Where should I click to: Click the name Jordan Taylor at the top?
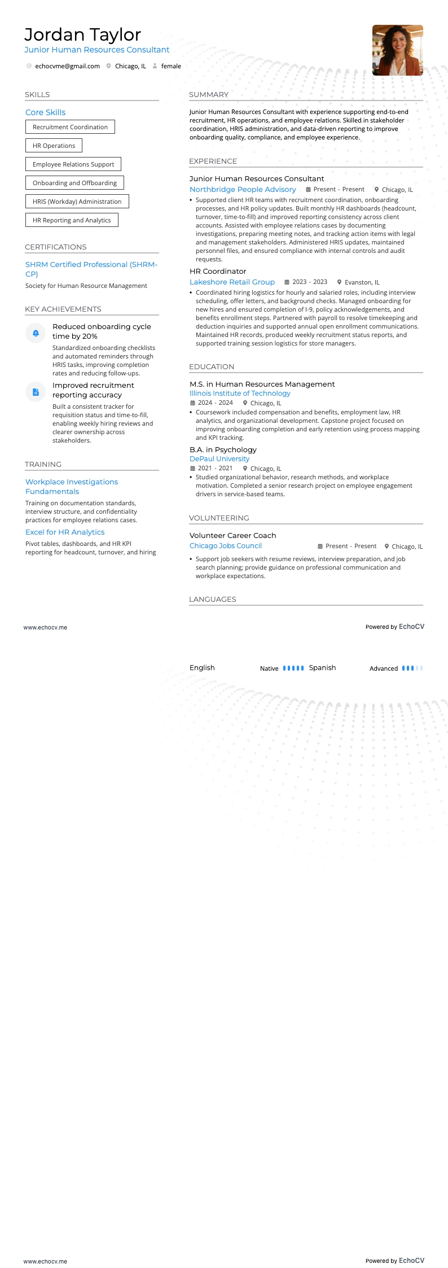pyautogui.click(x=82, y=35)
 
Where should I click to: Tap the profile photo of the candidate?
pyautogui.click(x=397, y=50)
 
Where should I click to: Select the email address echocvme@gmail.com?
pyautogui.click(x=67, y=66)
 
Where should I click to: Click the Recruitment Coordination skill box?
pyautogui.click(x=70, y=127)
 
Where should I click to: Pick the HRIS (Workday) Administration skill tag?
pyautogui.click(x=77, y=202)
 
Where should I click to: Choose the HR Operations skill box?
pyautogui.click(x=54, y=146)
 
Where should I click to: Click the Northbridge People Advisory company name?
pyautogui.click(x=243, y=190)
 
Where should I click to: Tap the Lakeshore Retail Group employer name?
pyautogui.click(x=232, y=282)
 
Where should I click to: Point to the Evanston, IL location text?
pyautogui.click(x=362, y=282)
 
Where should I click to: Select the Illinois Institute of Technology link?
pyautogui.click(x=240, y=393)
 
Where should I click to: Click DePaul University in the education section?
pyautogui.click(x=219, y=459)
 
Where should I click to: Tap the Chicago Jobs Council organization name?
pyautogui.click(x=226, y=546)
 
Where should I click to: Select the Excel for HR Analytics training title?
pyautogui.click(x=65, y=532)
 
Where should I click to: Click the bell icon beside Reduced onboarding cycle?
pyautogui.click(x=36, y=333)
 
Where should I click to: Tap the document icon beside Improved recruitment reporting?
pyautogui.click(x=36, y=392)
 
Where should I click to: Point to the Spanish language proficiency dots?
pyautogui.click(x=412, y=668)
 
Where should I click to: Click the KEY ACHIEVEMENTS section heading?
pyautogui.click(x=63, y=309)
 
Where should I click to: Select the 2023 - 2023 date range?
pyautogui.click(x=310, y=282)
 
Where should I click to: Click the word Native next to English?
pyautogui.click(x=269, y=668)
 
